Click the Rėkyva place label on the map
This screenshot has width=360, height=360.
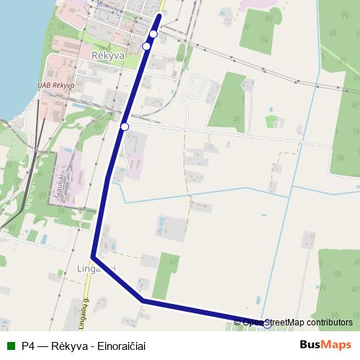pos(108,55)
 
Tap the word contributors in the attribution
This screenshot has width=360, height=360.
pos(328,323)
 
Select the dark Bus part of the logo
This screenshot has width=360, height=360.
pos(310,345)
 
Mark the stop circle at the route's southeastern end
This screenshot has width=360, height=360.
pos(267,324)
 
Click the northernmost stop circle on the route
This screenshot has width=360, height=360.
pos(153,34)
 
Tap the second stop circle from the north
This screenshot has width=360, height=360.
pos(147,46)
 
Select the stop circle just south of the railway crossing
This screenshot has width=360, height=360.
pos(125,127)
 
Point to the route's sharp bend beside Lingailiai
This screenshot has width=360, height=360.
pos(94,256)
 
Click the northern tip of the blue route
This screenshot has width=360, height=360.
pos(158,15)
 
